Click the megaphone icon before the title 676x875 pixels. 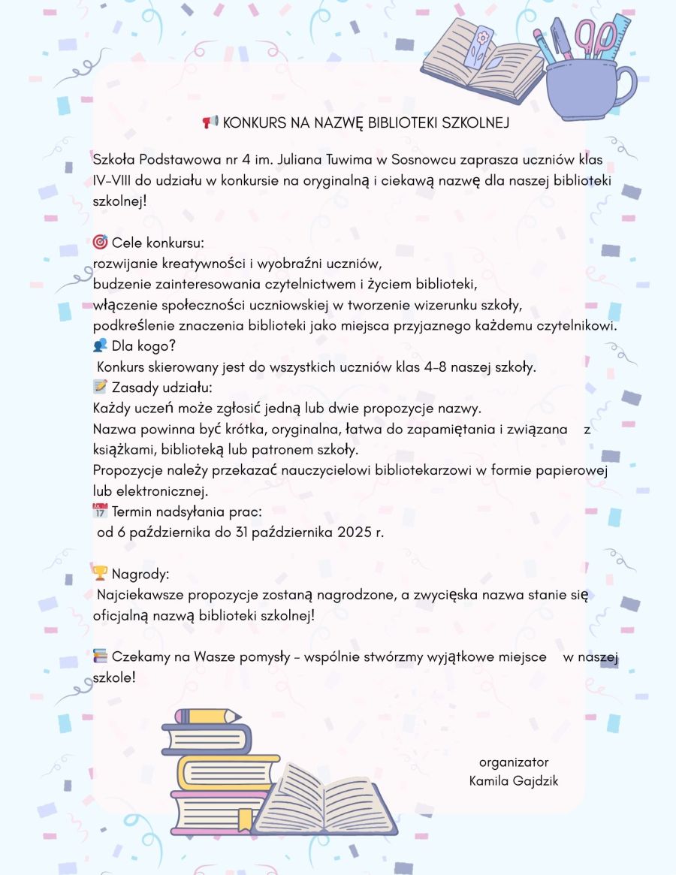tap(210, 122)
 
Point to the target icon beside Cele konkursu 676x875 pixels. tap(100, 243)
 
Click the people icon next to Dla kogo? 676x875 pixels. tap(100, 345)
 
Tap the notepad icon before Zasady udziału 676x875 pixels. tap(100, 387)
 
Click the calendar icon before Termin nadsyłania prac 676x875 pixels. tap(100, 511)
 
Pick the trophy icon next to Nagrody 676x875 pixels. tap(100, 574)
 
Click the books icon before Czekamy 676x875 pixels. tap(100, 656)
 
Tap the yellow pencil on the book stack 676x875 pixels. tap(202, 717)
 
